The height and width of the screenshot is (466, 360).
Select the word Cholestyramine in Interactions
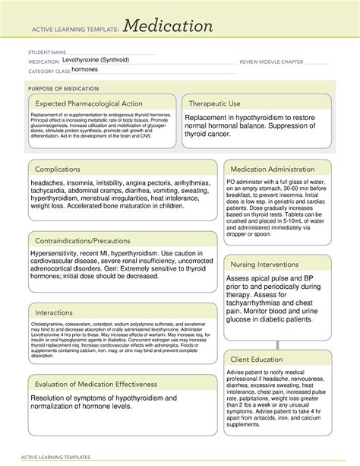click(47, 323)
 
